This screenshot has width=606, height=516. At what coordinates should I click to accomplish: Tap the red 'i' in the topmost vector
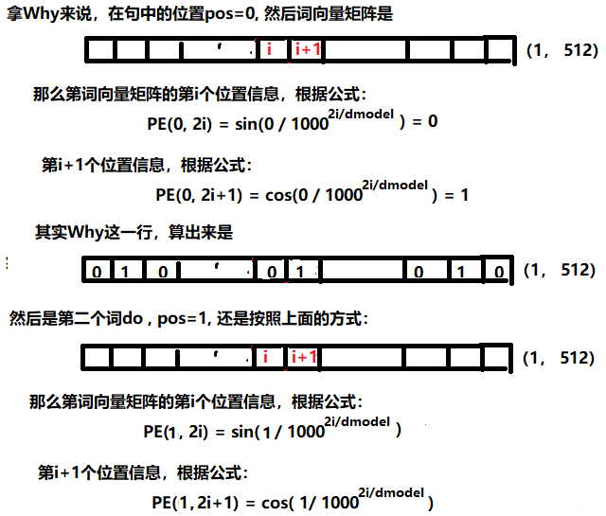pyautogui.click(x=269, y=49)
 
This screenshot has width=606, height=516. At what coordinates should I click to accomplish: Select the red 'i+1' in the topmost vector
pyautogui.click(x=307, y=49)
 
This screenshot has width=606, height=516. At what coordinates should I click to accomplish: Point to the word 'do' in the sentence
pyautogui.click(x=132, y=319)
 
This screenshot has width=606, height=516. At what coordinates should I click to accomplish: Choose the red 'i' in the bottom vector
pyautogui.click(x=266, y=357)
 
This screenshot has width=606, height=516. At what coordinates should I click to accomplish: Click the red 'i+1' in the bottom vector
pyautogui.click(x=305, y=357)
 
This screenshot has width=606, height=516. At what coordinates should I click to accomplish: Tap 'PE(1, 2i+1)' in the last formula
pyautogui.click(x=193, y=503)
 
